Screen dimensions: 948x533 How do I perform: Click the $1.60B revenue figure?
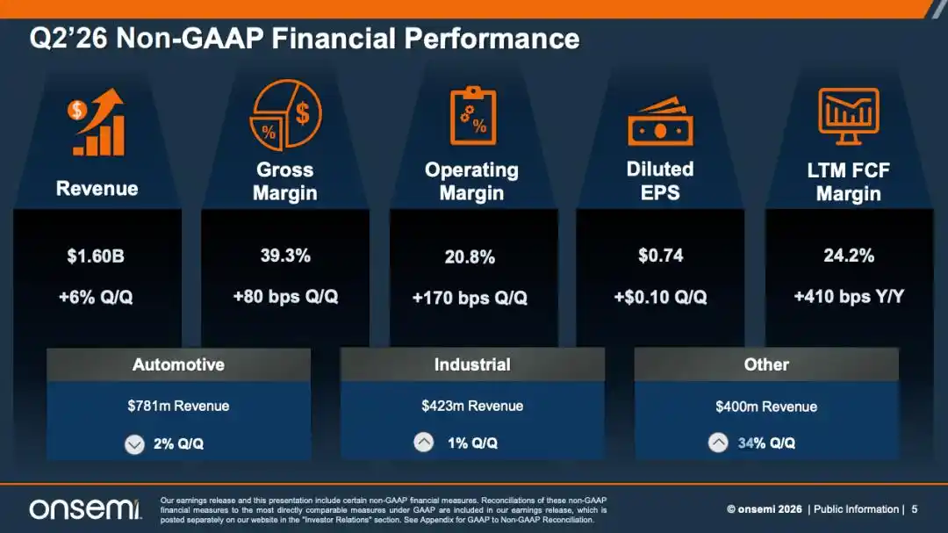pyautogui.click(x=96, y=256)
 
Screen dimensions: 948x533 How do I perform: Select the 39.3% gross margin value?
pyautogui.click(x=285, y=256)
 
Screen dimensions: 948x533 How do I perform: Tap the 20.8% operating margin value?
pyautogui.click(x=470, y=257)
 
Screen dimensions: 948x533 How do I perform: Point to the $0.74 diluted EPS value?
pyautogui.click(x=660, y=256)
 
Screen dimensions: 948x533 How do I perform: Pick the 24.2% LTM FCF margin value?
pyautogui.click(x=849, y=256)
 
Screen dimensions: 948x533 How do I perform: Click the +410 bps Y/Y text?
pyautogui.click(x=849, y=297)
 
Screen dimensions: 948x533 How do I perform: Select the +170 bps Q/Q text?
pyautogui.click(x=470, y=298)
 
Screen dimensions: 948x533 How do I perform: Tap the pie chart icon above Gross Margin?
pyautogui.click(x=285, y=115)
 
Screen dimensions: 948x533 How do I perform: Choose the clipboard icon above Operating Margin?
pyautogui.click(x=473, y=116)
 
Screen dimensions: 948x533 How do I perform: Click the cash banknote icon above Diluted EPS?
pyautogui.click(x=660, y=122)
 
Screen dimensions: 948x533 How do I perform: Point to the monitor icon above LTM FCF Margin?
pyautogui.click(x=849, y=116)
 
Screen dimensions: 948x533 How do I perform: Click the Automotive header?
pyautogui.click(x=178, y=364)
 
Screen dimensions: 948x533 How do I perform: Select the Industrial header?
pyautogui.click(x=472, y=364)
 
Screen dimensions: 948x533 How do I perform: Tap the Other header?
pyautogui.click(x=766, y=364)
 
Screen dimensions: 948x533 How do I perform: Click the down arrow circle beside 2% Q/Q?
pyautogui.click(x=134, y=444)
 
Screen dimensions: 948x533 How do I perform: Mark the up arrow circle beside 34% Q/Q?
pyautogui.click(x=718, y=443)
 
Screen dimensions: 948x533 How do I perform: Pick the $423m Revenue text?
pyautogui.click(x=472, y=406)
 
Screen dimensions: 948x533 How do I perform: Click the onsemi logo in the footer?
pyautogui.click(x=85, y=508)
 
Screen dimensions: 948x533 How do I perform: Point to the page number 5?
pyautogui.click(x=914, y=509)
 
